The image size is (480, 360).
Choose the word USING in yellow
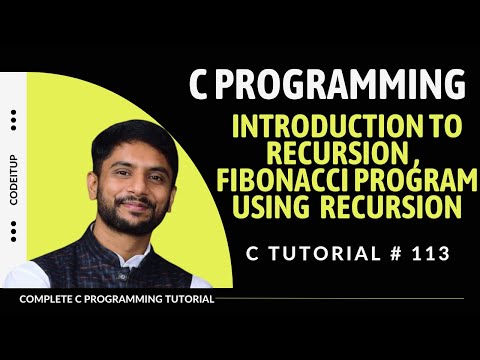click(268, 209)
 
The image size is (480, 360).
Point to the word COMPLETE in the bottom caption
click(47, 299)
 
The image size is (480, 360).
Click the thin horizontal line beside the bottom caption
click(340, 299)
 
